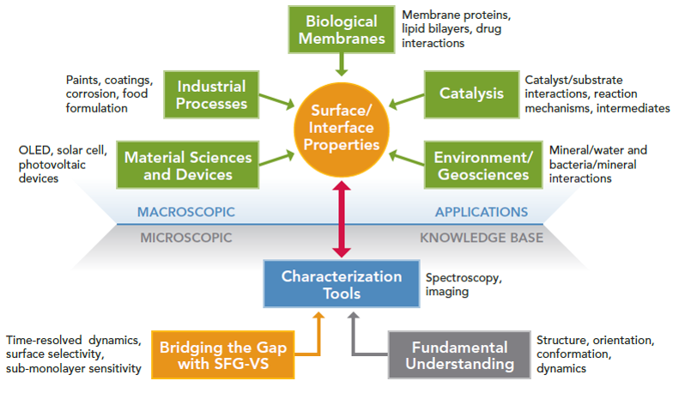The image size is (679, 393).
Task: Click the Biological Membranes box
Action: [342, 29]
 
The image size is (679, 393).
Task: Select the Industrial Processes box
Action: [211, 94]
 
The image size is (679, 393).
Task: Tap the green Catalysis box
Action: [471, 94]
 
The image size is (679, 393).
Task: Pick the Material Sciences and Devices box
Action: [188, 165]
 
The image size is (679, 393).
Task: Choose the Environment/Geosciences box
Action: [483, 165]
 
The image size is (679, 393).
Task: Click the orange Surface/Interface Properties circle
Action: [342, 130]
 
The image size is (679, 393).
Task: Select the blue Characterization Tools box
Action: [342, 284]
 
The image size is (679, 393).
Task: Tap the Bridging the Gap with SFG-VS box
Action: [223, 355]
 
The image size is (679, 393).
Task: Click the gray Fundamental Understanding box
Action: [459, 355]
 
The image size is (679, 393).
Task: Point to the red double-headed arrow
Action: [342, 219]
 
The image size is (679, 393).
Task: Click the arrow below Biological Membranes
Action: [342, 65]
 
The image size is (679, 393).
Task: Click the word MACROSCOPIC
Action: [186, 212]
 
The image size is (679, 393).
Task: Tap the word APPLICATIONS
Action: [482, 212]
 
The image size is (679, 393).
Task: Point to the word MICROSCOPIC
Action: [186, 238]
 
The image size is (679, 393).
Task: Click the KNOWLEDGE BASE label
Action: [482, 238]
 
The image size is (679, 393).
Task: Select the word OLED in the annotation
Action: [34, 150]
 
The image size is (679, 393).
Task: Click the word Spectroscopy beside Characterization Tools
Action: [464, 278]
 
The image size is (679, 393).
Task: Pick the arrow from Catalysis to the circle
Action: [406, 100]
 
